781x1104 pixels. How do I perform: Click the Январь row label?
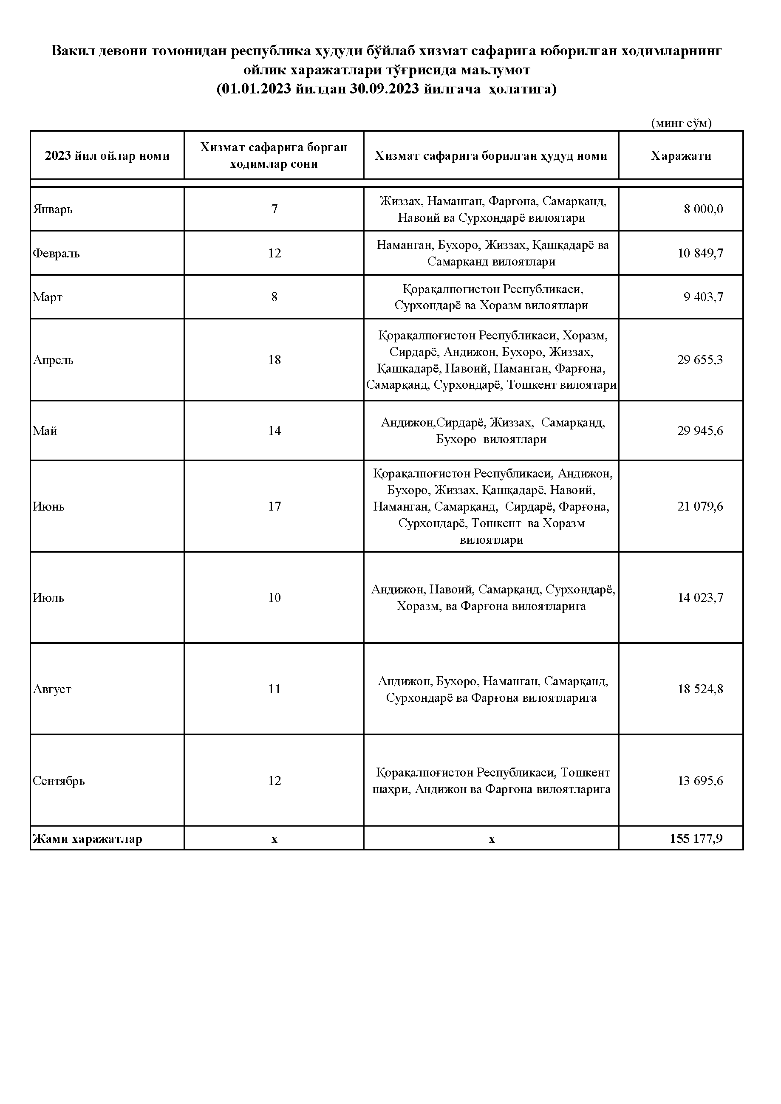52,210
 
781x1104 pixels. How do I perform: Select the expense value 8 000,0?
703,209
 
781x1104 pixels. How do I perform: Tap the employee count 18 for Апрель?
274,360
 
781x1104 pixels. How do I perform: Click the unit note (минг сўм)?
681,123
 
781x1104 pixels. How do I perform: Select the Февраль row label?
56,254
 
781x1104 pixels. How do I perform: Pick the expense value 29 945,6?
700,430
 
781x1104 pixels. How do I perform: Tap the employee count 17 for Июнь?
274,506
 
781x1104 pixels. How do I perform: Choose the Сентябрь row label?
59,781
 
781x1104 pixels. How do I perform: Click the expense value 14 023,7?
700,598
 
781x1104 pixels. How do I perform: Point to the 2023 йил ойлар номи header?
107,156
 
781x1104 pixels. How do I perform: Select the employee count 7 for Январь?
274,209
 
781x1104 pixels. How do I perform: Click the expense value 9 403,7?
703,297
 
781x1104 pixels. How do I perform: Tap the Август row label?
52,689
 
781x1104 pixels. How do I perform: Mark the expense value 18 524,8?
700,689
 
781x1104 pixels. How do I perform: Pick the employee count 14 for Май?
274,430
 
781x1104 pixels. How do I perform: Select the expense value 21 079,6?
700,506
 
